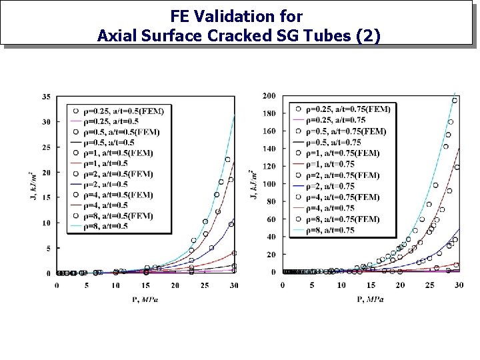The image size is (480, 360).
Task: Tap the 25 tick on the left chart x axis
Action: tap(204, 285)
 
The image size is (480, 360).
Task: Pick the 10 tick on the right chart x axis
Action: tap(341, 285)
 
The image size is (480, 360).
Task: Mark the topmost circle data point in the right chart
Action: tap(455, 101)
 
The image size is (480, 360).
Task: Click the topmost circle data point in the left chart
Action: tap(227, 160)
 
